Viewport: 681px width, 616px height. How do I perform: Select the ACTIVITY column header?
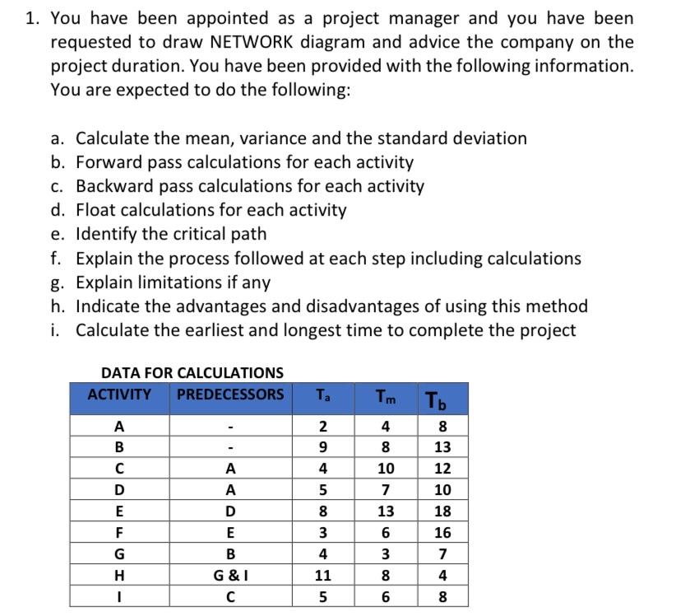click(x=119, y=394)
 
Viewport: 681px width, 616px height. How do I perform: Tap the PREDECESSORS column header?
click(x=231, y=394)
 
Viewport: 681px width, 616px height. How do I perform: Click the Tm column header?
click(x=385, y=396)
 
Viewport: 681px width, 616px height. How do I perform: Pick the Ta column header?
click(x=323, y=394)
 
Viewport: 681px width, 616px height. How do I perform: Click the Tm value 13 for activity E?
click(x=386, y=511)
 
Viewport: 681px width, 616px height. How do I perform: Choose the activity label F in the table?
click(x=119, y=533)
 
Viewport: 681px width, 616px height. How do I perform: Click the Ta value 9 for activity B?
click(x=323, y=447)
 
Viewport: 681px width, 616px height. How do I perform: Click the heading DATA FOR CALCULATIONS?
click(x=192, y=373)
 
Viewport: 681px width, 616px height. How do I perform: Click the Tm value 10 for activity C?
click(x=386, y=469)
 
